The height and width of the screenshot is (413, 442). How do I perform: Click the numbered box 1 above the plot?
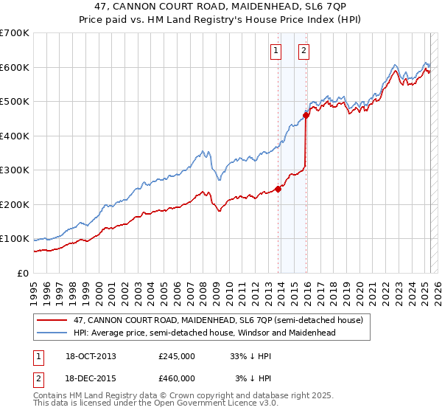coord(276,51)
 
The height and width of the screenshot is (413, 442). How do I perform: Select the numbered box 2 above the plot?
coord(304,51)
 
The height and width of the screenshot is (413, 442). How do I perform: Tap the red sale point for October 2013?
coord(278,189)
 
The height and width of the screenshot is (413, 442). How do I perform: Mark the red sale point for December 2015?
coord(306,115)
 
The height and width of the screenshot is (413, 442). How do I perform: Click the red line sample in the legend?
coord(52,321)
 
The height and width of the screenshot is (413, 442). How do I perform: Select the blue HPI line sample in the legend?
coord(52,333)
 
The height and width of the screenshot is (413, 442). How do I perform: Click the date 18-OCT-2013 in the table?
coord(91,355)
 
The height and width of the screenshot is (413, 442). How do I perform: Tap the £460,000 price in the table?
coord(177,378)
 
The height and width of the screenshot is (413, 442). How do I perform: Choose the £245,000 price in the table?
coord(177,355)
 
